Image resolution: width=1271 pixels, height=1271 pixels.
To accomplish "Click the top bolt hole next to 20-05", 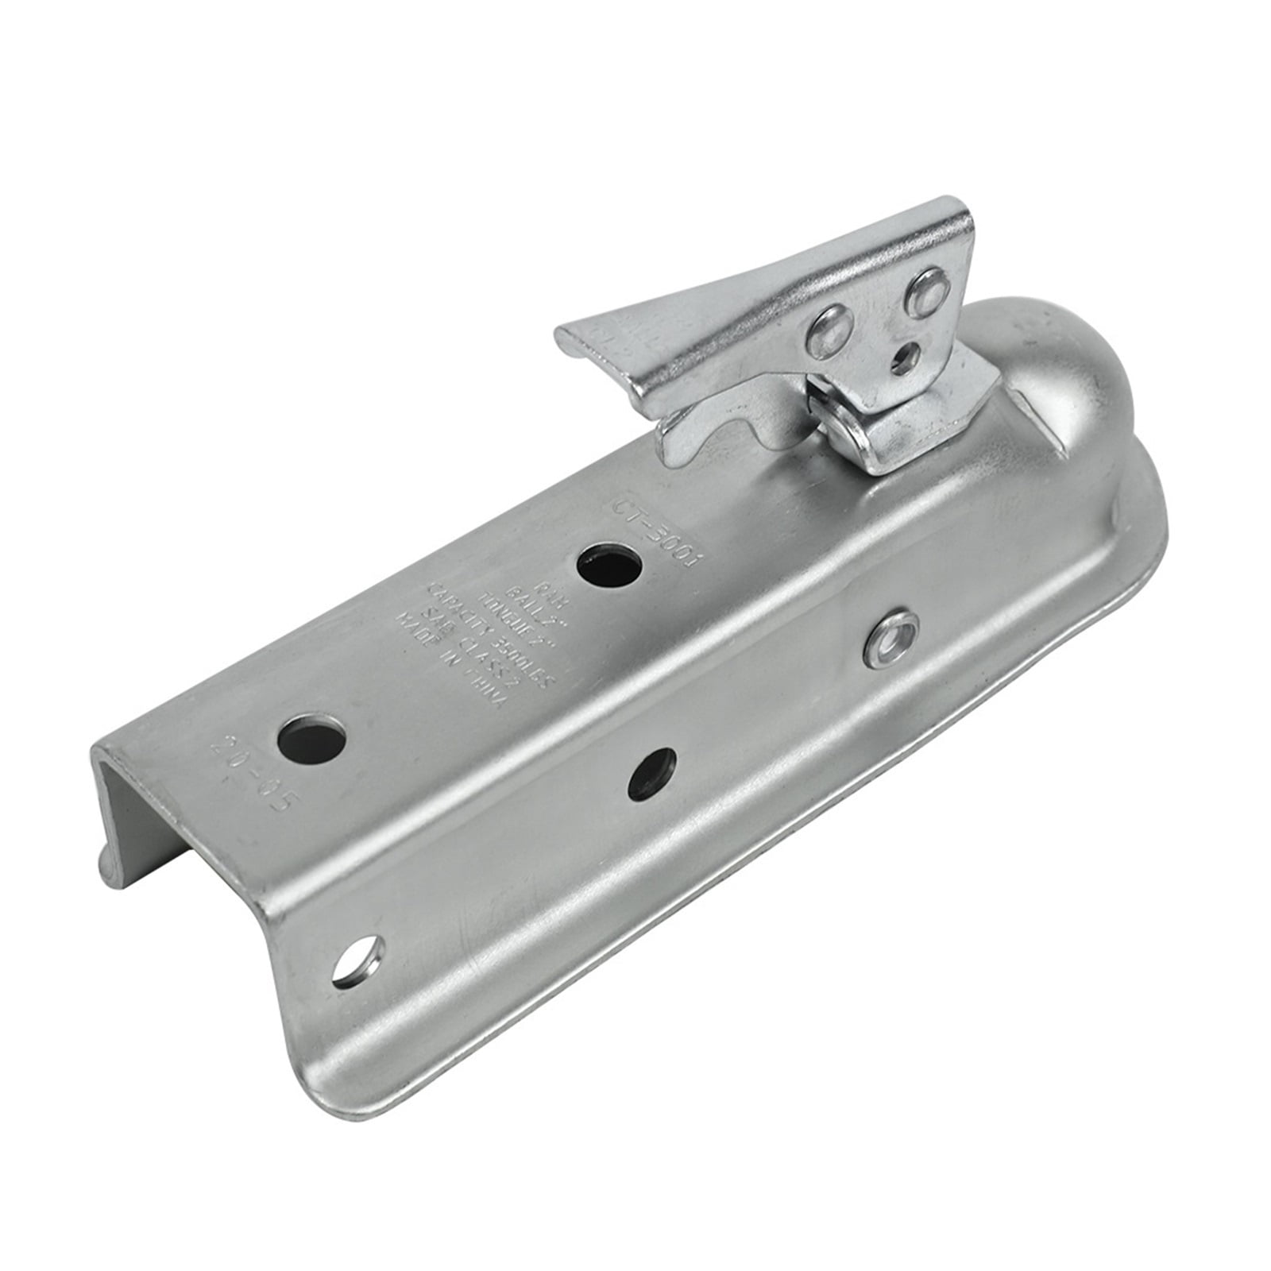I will pos(315,740).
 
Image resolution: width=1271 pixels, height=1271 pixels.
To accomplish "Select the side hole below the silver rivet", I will pos(652,772).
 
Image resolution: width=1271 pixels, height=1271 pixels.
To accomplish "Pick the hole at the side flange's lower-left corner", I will pos(359,962).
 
